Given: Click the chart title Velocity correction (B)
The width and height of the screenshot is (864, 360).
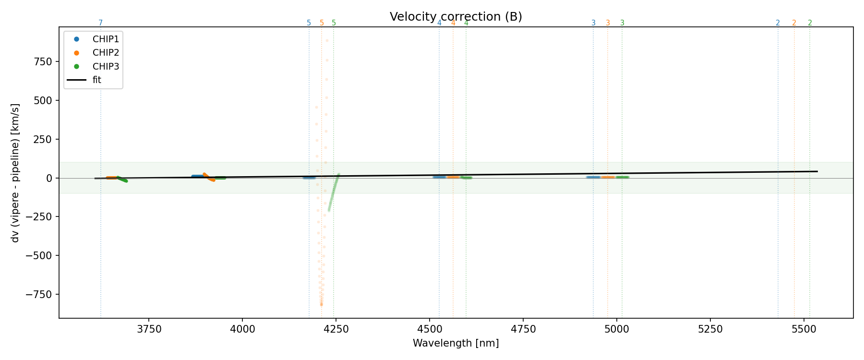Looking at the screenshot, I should coord(456,17).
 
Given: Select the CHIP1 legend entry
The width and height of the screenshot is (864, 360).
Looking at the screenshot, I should coord(106,39).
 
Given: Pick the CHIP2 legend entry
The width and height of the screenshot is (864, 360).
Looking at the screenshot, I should coord(106,53).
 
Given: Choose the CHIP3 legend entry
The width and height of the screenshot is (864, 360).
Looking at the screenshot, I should coord(106,67).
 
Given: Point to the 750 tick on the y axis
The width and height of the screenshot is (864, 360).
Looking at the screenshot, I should coord(44,61).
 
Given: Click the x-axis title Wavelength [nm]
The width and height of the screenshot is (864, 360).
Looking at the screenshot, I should coord(456,343).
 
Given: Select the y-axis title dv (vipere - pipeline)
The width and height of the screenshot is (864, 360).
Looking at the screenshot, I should coord(15,173).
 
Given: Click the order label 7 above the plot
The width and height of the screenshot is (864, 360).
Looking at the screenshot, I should coord(100,23).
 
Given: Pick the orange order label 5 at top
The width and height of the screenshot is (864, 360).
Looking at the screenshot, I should coord(322,23).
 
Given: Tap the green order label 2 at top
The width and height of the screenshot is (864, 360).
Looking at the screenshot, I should coord(810,23).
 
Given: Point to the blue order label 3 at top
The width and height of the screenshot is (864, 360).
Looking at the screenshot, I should coord(593,23).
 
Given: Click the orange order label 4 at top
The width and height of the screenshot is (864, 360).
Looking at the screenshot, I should coord(453,23).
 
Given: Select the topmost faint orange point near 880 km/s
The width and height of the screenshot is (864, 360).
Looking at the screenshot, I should coord(327,41).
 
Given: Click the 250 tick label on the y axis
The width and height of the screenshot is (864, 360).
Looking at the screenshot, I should coord(44,139).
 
